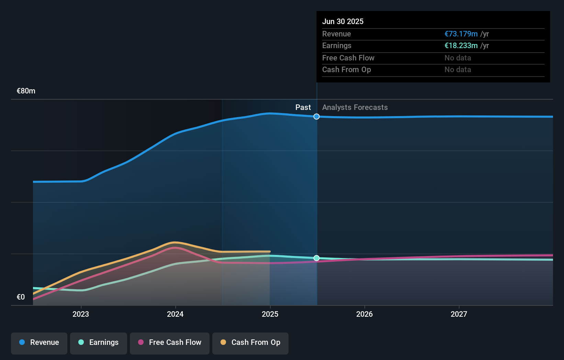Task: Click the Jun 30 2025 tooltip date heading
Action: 342,21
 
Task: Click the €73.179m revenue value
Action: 461,34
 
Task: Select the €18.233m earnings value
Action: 461,45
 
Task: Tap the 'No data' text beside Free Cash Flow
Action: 458,58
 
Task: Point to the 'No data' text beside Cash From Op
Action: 458,69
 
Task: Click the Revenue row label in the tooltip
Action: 336,34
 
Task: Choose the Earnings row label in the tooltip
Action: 337,45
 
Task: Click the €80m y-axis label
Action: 26,91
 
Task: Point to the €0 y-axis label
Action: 21,297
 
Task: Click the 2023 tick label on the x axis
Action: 81,314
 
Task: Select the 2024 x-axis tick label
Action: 175,314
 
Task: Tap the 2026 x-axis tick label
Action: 364,314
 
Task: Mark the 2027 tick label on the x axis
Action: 459,314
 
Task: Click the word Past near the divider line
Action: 303,107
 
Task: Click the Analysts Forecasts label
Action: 355,107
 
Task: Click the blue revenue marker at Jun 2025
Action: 316,116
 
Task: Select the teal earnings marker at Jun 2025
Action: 316,258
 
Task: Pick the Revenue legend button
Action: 39,343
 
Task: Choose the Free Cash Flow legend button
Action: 170,343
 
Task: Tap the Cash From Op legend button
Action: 250,343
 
